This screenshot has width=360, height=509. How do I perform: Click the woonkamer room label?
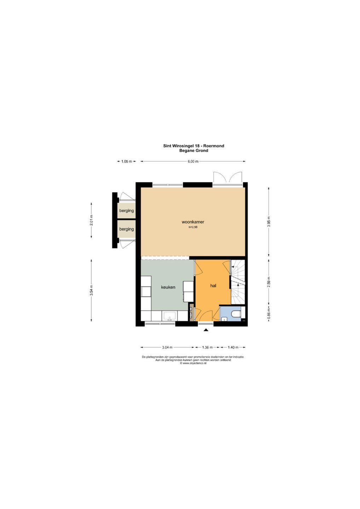coord(193,222)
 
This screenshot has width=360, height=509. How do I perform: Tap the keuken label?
coord(168,287)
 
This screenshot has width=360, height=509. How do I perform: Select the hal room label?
coord(213,286)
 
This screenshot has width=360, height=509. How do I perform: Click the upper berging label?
coord(127,211)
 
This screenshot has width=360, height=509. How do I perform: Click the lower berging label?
coord(127,229)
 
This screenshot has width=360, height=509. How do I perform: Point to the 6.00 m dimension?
coord(193,161)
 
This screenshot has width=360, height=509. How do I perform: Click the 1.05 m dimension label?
coord(127,161)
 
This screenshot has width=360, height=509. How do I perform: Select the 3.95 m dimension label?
coord(269,222)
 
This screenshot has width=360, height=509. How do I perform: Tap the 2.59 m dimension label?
coord(269,282)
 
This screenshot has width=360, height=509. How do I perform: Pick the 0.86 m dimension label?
coord(269,314)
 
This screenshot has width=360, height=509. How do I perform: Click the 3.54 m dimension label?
coord(91,291)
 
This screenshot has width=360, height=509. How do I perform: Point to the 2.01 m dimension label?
coord(91,220)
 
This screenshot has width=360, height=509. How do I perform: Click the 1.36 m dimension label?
coord(207,347)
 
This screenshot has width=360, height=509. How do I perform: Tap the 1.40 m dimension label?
coord(233,347)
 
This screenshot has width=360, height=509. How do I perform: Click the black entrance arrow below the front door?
coord(206,330)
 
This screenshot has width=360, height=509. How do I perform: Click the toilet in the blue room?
coord(236,314)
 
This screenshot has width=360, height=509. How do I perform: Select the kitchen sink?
coord(168,316)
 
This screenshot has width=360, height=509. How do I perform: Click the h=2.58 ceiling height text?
coord(193,227)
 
